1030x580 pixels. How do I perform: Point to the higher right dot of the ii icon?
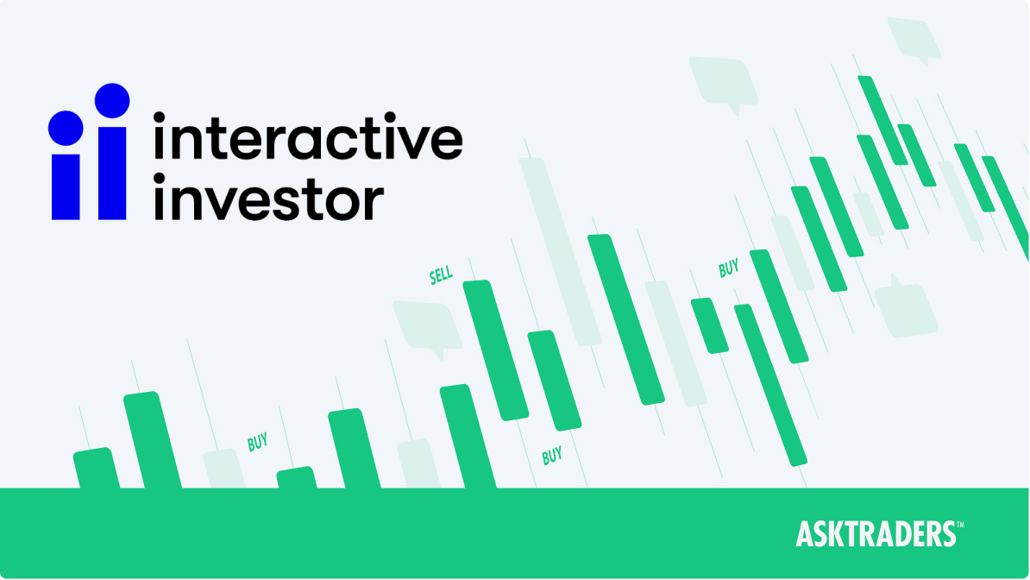coord(112,100)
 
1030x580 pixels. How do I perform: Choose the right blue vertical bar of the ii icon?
coord(112,173)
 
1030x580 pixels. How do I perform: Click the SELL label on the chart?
coord(441,276)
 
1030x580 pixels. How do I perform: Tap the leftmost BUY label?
coord(257,443)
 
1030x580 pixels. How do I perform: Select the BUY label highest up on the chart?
coord(729,268)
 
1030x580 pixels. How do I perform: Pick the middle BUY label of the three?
coord(552,455)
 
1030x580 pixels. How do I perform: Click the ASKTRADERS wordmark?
coord(875,534)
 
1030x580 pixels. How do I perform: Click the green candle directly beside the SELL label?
coord(495,350)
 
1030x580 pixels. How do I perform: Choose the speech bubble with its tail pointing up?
coord(906,306)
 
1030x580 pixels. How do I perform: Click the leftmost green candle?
coord(97,469)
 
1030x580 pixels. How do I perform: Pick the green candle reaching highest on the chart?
coord(882,120)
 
